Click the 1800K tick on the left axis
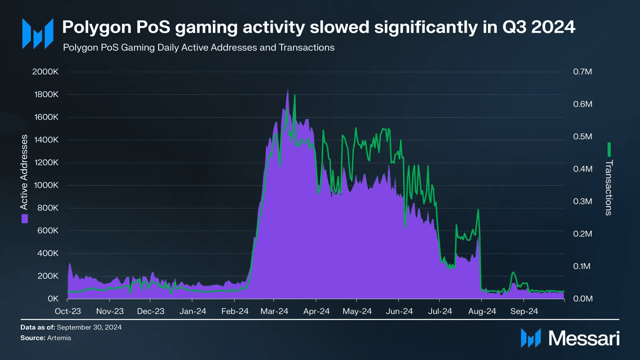click(46, 94)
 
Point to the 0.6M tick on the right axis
click(582, 104)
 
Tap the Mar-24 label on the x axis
click(274, 311)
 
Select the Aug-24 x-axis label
click(482, 311)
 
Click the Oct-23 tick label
click(68, 311)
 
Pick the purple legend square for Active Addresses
click(25, 218)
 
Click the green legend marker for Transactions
click(609, 150)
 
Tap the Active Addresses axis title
click(24, 172)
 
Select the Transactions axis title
click(609, 188)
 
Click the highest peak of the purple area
click(287, 90)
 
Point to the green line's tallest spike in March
click(295, 96)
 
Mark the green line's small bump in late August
click(513, 273)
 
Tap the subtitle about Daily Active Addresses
click(198, 48)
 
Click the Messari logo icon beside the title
click(38, 34)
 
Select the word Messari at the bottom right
click(584, 338)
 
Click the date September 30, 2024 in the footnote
click(89, 327)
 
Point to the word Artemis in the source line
click(59, 338)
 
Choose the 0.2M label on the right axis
click(582, 234)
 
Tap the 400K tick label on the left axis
click(48, 253)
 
